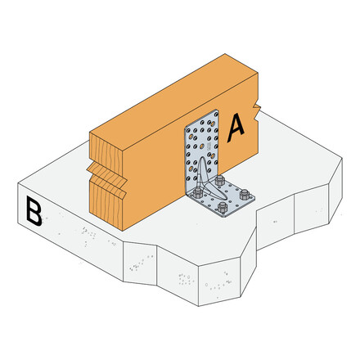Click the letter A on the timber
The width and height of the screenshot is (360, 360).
[x=236, y=128]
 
